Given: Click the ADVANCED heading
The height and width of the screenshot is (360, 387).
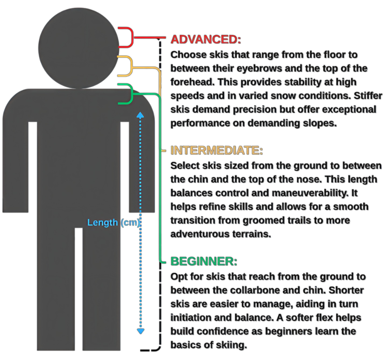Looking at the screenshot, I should (205, 39).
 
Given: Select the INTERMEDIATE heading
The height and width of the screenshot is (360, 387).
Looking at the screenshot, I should (216, 150).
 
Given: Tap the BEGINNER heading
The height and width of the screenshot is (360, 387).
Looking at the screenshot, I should (203, 261).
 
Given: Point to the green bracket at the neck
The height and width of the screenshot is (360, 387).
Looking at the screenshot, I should (127, 94).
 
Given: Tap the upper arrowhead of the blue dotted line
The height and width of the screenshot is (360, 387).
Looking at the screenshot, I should (141, 115).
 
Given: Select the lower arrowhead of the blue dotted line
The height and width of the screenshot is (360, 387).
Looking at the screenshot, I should (141, 331).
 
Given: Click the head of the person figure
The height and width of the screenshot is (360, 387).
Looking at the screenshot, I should (79, 48).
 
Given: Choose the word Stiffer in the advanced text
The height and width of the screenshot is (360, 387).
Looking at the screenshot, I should (368, 96).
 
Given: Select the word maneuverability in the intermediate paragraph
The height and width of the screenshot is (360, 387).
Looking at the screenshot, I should (314, 193).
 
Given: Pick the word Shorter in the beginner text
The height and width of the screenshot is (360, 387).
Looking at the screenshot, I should (346, 290).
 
